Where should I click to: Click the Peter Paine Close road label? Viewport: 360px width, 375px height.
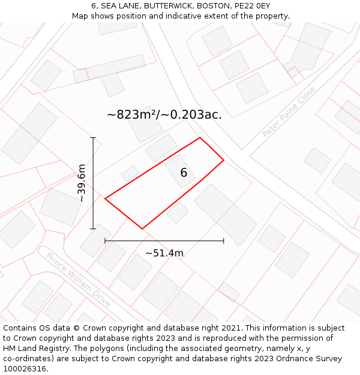point(289,112)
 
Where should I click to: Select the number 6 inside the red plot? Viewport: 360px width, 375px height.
point(184,173)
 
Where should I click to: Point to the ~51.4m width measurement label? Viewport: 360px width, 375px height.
point(164,253)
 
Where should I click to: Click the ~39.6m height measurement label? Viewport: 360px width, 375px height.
point(82,183)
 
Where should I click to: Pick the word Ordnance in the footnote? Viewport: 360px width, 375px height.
point(281,359)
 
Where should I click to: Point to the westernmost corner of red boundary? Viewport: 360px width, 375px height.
point(105,199)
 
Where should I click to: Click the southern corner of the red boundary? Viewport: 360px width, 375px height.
point(142,229)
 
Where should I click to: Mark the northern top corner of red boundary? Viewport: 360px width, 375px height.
point(200,138)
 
